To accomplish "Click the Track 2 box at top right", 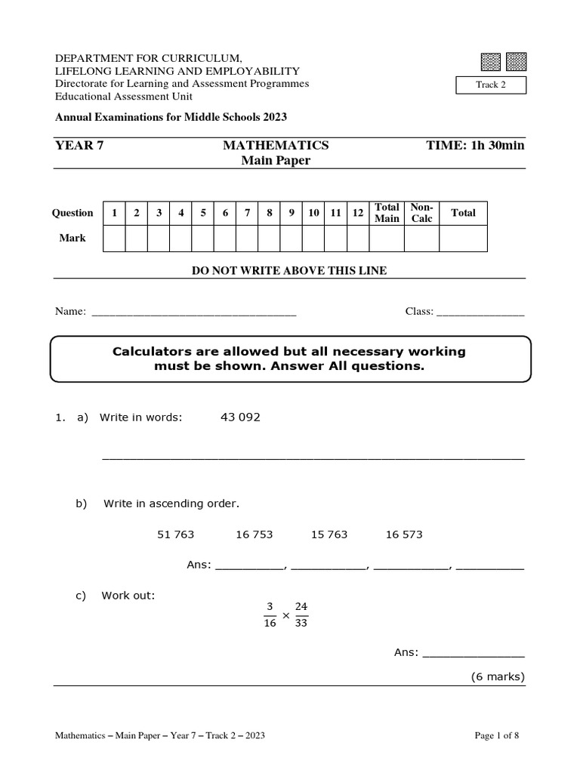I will (491, 85).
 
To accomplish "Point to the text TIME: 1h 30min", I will (475, 145).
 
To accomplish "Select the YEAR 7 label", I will (79, 145).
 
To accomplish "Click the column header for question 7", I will (247, 213).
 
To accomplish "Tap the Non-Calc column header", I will (421, 213).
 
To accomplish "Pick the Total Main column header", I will (387, 213).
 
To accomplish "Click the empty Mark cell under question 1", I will (114, 239).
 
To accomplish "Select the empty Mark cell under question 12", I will (358, 239).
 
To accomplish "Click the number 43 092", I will (240, 417).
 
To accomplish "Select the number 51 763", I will (175, 534).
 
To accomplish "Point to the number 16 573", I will (404, 534).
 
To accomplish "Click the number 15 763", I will (329, 534).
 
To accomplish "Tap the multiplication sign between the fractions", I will (285, 616).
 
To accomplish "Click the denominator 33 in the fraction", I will (301, 624).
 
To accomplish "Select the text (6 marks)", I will (497, 676).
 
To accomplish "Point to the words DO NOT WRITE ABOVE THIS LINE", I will (289, 270).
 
